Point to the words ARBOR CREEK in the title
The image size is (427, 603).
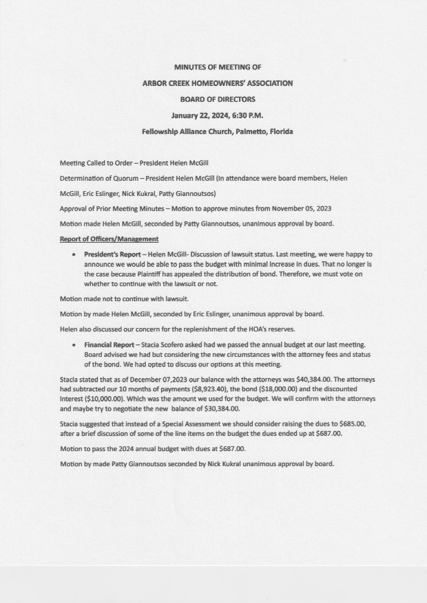165,83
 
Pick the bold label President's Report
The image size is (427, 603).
114,254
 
